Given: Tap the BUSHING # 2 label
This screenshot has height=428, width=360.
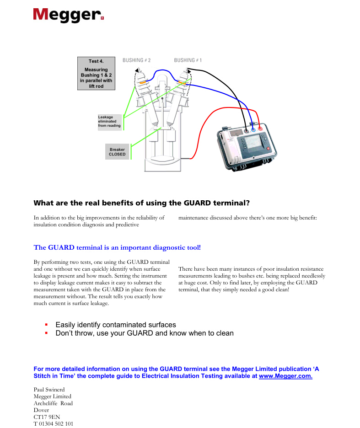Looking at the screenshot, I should [136, 60].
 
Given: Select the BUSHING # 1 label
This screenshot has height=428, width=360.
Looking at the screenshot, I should [188, 60].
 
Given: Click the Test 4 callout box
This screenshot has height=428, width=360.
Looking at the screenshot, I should [96, 74].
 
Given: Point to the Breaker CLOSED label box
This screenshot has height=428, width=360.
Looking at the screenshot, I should [117, 152].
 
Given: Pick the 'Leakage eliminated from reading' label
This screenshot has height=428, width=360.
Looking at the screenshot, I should [109, 122].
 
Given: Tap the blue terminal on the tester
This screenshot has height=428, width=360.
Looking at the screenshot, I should [253, 129].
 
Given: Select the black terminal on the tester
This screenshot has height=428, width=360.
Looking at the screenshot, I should [247, 130].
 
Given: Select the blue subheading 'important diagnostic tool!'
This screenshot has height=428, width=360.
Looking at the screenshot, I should [117, 247].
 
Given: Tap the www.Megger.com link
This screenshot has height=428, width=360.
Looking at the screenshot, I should [285, 376].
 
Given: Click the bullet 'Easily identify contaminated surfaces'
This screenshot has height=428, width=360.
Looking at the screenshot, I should [115, 325].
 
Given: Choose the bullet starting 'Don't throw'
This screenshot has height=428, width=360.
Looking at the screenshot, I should [144, 333].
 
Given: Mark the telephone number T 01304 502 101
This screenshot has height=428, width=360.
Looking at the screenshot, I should [53, 424].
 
